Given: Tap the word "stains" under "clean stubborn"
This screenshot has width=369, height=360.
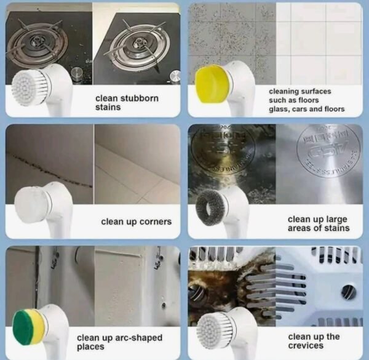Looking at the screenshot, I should click(108, 108).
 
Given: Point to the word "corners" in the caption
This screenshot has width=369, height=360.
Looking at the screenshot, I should click(153, 222).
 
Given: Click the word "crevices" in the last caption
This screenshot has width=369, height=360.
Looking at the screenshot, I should click(306, 346).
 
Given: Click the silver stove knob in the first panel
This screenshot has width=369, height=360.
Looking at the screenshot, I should click(77, 73).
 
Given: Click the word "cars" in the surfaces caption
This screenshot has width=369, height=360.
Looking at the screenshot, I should click(310, 110).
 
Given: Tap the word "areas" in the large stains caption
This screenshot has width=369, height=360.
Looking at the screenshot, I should click(300, 228).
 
